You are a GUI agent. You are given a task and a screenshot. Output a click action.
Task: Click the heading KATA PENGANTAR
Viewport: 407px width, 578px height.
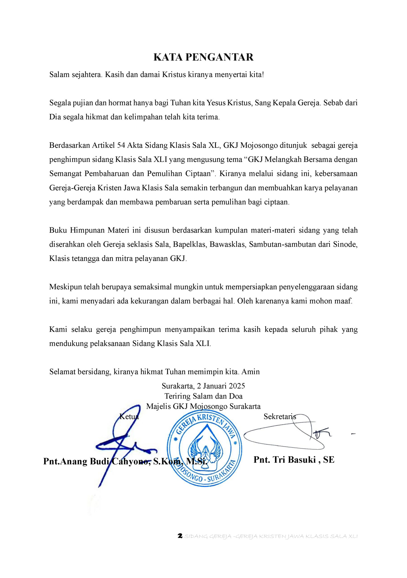click(203, 57)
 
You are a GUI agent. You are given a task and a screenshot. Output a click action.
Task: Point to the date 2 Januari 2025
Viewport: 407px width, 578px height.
click(221, 386)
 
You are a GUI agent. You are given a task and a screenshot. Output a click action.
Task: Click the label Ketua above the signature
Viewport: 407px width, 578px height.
click(129, 416)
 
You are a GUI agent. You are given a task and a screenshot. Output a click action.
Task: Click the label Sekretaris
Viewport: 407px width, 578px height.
click(280, 416)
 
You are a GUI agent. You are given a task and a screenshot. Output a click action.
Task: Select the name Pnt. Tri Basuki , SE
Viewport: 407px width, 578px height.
click(294, 460)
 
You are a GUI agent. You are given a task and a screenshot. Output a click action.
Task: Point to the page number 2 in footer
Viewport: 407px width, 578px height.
click(180, 536)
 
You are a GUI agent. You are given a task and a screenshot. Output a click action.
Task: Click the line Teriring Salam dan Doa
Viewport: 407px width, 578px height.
click(203, 396)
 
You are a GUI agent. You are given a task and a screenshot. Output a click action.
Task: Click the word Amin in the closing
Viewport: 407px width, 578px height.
click(251, 372)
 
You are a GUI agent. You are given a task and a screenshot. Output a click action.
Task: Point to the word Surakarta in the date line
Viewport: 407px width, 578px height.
click(177, 386)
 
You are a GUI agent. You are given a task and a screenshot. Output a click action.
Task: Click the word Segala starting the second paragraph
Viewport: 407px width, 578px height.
click(60, 103)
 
